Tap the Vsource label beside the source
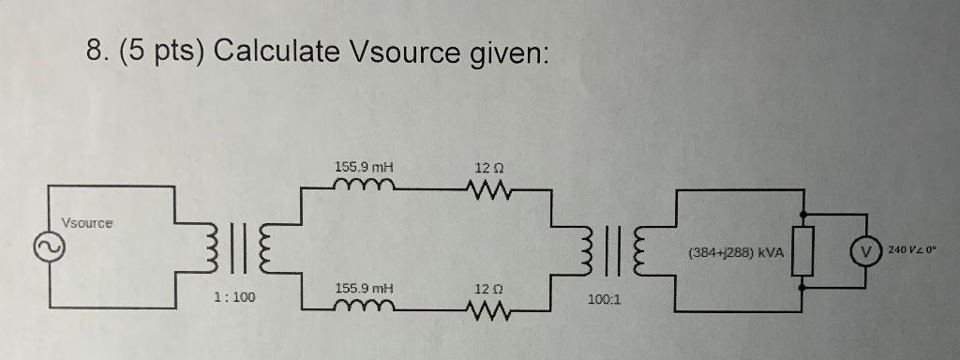(x=86, y=223)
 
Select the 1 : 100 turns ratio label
(x=234, y=297)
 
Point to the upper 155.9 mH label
(x=363, y=167)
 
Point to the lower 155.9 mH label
(x=363, y=288)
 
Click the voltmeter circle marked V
(x=864, y=252)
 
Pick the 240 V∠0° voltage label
(x=921, y=251)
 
